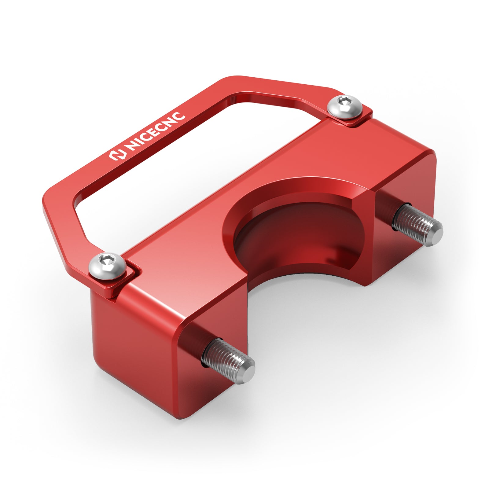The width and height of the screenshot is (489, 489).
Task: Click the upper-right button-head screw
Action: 345,107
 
